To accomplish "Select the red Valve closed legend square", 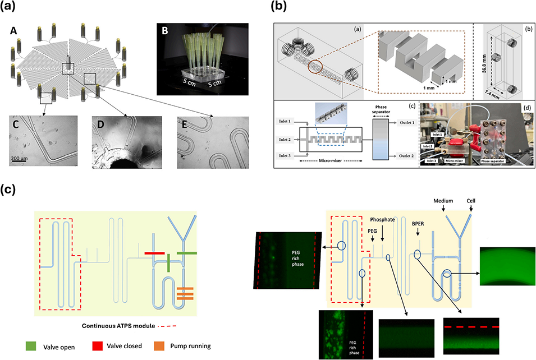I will click(x=99, y=346).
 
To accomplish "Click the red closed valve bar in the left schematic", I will click(x=154, y=253).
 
